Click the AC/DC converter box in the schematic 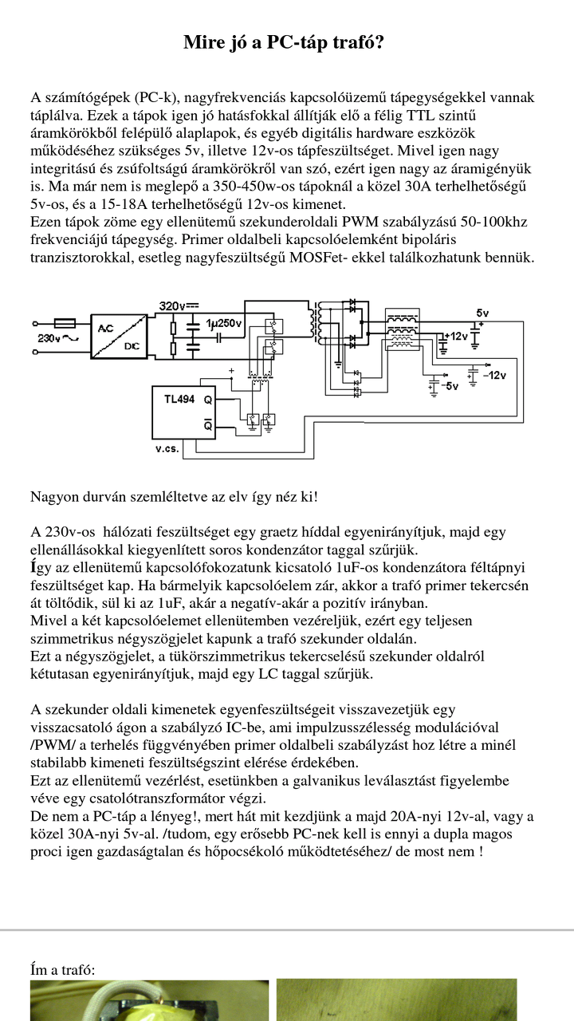[117, 338]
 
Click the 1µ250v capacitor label [223, 324]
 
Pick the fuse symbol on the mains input [64, 324]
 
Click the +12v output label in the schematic [458, 337]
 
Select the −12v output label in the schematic [493, 375]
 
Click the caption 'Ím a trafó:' [62, 970]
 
